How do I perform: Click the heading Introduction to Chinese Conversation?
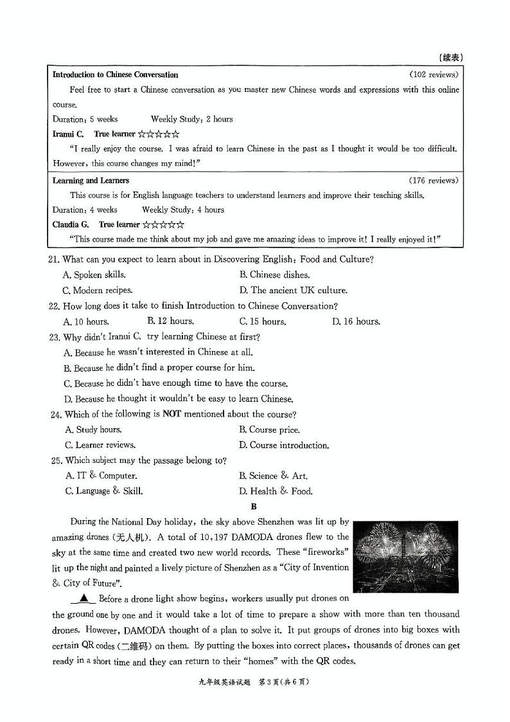[115, 75]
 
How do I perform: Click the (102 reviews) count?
[434, 75]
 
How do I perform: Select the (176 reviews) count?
[434, 181]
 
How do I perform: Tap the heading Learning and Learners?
[91, 181]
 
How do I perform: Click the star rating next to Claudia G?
[163, 224]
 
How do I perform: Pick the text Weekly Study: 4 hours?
[183, 210]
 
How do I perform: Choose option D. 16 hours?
[356, 321]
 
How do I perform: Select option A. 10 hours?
[86, 321]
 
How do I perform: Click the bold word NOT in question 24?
[171, 414]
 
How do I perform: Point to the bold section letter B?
[254, 507]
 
